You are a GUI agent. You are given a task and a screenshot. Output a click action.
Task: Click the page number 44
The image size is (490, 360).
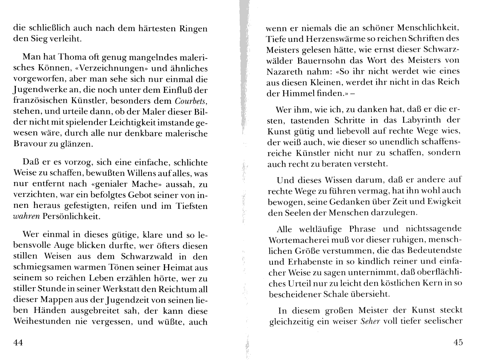(18, 342)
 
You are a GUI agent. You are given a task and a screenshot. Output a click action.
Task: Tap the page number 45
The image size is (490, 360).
(458, 342)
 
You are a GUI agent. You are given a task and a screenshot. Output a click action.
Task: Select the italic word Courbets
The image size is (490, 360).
(191, 101)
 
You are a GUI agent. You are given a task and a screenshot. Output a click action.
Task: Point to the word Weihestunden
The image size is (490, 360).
(42, 322)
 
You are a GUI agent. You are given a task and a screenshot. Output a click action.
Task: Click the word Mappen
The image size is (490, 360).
(55, 300)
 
